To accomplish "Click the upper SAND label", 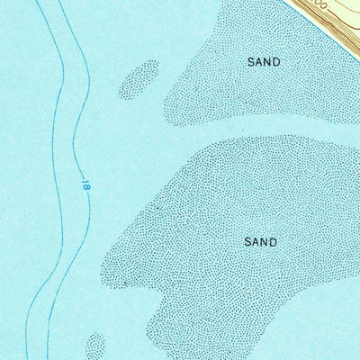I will coord(264,62).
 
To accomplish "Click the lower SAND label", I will coord(260,242).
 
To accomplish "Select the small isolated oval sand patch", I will coord(139,79).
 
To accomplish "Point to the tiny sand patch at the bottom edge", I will coord(94,346).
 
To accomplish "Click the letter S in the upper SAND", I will coord(251,62).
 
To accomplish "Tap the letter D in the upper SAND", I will coord(276,62).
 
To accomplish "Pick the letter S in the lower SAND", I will coord(247,242).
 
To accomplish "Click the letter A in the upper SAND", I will coord(259,62).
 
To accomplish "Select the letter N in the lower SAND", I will coord(265,242).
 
